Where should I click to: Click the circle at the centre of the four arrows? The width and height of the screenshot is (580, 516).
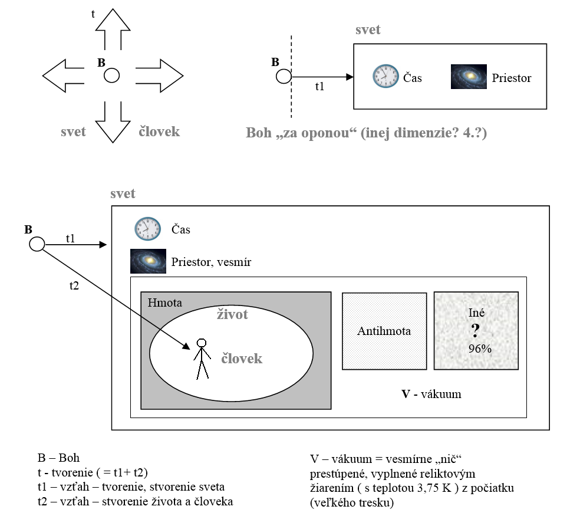[112, 75]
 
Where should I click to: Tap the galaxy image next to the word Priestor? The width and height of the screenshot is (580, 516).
[469, 77]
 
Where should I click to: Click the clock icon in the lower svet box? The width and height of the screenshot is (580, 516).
[147, 229]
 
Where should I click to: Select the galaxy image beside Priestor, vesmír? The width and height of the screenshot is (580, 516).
[148, 261]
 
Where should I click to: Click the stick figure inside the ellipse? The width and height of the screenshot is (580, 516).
[202, 359]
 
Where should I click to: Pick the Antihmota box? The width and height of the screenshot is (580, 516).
[384, 331]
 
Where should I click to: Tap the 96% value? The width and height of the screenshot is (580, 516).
[480, 348]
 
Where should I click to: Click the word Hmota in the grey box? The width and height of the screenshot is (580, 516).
[165, 303]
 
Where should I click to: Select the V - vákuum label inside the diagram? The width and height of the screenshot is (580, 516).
[431, 393]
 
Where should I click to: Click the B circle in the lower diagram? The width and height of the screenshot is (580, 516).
[37, 244]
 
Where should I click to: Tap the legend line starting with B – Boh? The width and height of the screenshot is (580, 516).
[58, 458]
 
